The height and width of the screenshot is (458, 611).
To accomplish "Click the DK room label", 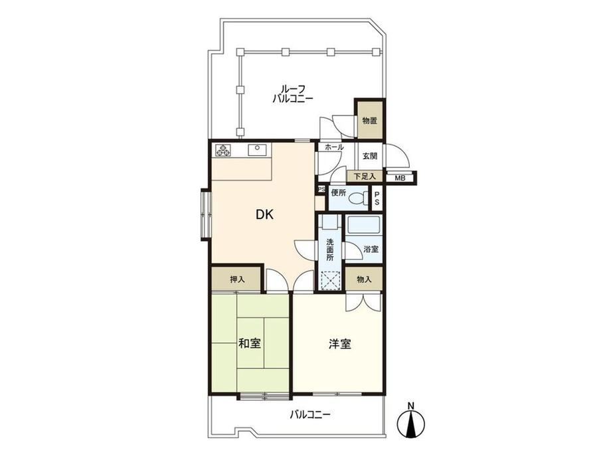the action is point(264,214).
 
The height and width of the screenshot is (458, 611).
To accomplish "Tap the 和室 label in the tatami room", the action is point(250,343).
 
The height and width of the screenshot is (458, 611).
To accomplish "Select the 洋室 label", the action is point(340,344).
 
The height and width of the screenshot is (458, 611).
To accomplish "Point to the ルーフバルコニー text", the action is point(293,94).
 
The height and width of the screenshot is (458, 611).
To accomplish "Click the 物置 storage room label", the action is point(370,120).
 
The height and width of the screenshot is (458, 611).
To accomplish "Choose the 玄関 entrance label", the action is point(370,156).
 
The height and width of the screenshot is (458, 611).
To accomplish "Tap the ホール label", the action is point(334,147).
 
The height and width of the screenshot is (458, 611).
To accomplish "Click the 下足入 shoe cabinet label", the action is point(365,177).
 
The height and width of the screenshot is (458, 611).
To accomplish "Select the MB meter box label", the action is point(400,179).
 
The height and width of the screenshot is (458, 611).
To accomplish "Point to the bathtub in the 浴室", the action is point(363,225).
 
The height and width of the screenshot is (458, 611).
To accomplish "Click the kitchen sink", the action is point(258,149).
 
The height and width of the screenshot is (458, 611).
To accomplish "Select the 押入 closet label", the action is point(237,279).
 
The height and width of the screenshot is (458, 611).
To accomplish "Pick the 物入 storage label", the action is point(364,279).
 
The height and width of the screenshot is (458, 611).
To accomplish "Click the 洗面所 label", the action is point(330,250).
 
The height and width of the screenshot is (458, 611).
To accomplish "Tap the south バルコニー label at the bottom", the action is point(309,414).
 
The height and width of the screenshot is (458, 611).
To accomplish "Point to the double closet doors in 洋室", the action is point(363,302).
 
